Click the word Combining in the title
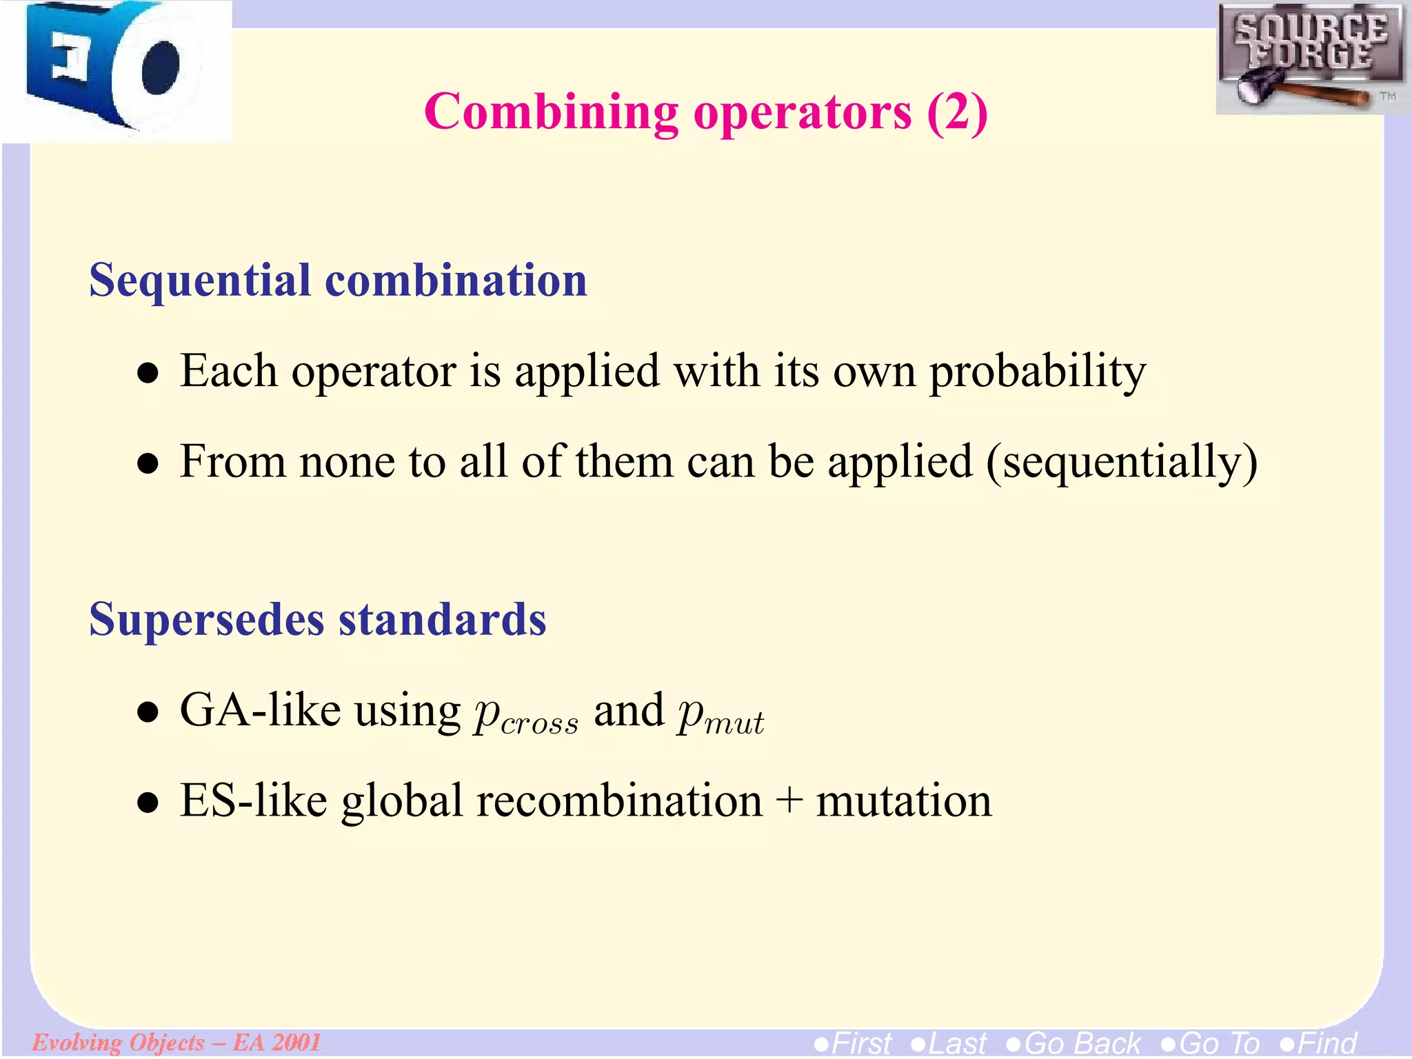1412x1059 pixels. coord(552,112)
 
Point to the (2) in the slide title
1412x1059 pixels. coord(957,112)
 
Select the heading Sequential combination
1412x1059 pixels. coord(338,281)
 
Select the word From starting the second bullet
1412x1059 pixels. coord(232,461)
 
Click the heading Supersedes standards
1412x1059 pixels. coord(317,619)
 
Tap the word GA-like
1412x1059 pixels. coord(260,710)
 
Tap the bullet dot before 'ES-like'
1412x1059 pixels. coord(148,804)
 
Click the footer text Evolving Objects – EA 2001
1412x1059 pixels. coord(176,1042)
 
